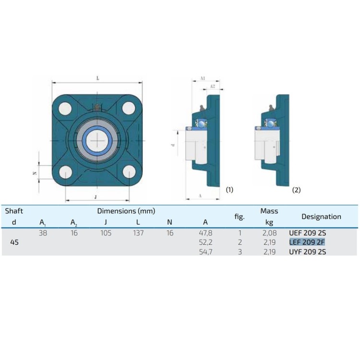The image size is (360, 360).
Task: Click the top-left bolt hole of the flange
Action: pyautogui.click(x=65, y=108)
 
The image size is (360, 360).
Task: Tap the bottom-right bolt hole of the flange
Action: pyautogui.click(x=129, y=171)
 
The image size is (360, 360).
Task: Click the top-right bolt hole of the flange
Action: pyautogui.click(x=129, y=108)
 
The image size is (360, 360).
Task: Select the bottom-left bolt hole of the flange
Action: pyautogui.click(x=66, y=172)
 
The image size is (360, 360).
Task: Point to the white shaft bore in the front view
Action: pyautogui.click(x=97, y=141)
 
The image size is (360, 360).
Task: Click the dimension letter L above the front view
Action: pyautogui.click(x=98, y=78)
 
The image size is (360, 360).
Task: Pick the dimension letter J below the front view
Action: pyautogui.click(x=96, y=197)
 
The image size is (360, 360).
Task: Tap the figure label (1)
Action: pyautogui.click(x=229, y=190)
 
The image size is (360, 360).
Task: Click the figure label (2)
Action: pyautogui.click(x=296, y=190)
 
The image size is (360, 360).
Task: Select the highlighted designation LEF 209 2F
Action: pyautogui.click(x=307, y=242)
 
